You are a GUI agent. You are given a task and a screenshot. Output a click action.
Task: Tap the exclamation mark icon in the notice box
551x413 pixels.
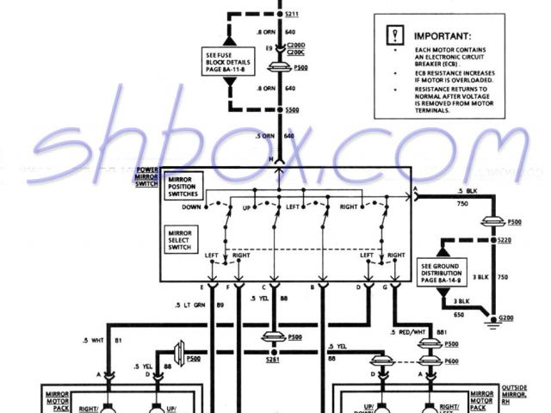coord(394,36)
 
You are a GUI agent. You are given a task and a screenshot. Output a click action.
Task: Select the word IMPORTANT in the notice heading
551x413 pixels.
coord(442,38)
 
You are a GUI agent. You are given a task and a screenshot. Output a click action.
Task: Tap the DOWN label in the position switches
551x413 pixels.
coord(192,208)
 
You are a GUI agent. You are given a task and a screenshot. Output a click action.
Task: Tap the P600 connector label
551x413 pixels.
coord(450,362)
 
